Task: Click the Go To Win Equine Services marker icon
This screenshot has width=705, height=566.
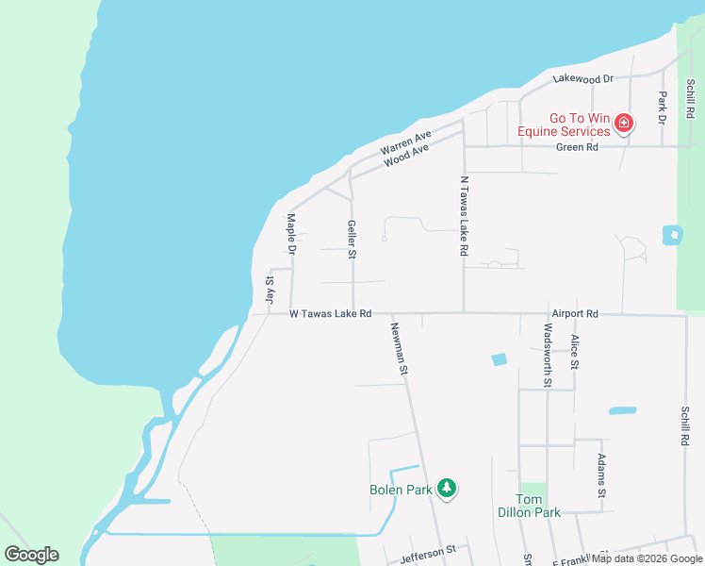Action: pyautogui.click(x=623, y=123)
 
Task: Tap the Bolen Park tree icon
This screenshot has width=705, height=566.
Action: pyautogui.click(x=447, y=488)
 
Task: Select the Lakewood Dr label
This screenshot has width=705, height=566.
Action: pyautogui.click(x=583, y=79)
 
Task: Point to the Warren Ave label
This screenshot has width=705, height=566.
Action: pyautogui.click(x=405, y=142)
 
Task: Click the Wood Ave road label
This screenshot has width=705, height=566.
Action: pyautogui.click(x=406, y=156)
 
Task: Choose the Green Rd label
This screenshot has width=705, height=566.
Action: pyautogui.click(x=577, y=147)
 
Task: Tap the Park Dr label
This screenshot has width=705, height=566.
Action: pyautogui.click(x=663, y=108)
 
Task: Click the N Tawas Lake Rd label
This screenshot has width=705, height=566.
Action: pyautogui.click(x=464, y=216)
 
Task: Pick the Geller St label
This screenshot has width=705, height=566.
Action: pyautogui.click(x=352, y=240)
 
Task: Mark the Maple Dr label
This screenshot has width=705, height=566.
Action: pyautogui.click(x=291, y=234)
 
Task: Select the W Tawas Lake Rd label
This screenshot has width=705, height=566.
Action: pyautogui.click(x=330, y=313)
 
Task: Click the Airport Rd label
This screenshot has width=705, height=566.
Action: pyautogui.click(x=576, y=313)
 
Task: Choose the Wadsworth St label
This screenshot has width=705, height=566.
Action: pyautogui.click(x=548, y=355)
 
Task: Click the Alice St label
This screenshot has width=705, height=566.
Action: pyautogui.click(x=574, y=350)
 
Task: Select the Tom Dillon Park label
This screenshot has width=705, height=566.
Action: pyautogui.click(x=529, y=506)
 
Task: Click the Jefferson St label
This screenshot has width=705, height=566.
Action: pyautogui.click(x=427, y=549)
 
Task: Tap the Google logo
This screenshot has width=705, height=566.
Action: pyautogui.click(x=31, y=555)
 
